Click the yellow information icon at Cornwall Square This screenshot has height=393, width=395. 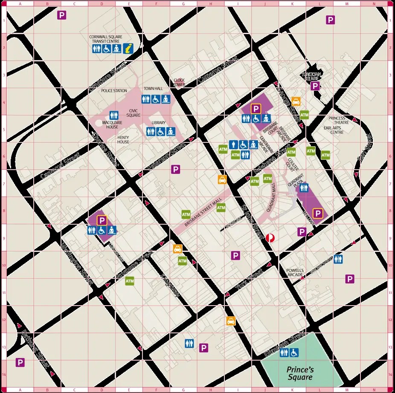[128, 49]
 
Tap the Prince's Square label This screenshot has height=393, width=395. [299, 373]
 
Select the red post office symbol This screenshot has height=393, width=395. [270, 238]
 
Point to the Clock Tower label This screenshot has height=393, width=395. [179, 82]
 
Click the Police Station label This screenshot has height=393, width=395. [114, 91]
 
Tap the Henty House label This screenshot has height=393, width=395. [123, 139]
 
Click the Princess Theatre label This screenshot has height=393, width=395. [339, 120]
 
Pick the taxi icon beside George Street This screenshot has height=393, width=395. [296, 101]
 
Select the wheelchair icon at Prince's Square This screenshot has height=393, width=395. [294, 353]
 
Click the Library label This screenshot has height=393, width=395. [158, 123]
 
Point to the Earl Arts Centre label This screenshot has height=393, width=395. [333, 130]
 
